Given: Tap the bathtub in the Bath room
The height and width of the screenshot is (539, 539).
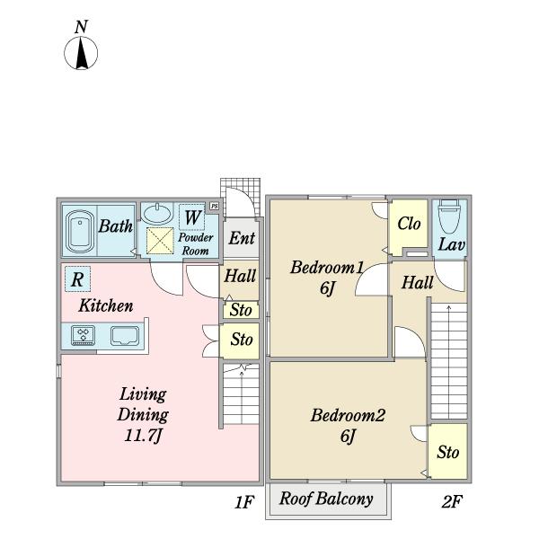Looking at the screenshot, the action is point(80,232).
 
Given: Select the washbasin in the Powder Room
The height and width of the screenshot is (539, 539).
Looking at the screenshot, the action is point(157,214).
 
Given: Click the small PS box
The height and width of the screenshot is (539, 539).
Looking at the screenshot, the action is point(215,207).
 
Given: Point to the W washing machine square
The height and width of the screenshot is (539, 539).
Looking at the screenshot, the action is point(192,217).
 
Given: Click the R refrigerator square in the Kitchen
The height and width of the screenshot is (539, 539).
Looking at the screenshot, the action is point(77,279).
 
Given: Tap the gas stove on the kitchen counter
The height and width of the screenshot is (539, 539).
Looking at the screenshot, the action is point(84,335).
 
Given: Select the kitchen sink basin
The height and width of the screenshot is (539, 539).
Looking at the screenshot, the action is point(125,335).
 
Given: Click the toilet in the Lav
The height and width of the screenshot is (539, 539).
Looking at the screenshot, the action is point(449,216).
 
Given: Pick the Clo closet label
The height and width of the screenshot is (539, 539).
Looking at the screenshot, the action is point(409,224).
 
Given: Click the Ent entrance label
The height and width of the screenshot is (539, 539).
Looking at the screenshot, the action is point(242,238).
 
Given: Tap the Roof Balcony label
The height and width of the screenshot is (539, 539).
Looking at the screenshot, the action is point(326,499).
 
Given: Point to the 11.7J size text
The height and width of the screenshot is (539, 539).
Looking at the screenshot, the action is point(143,436).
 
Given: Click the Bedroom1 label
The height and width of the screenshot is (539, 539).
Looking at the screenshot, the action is point(327,268).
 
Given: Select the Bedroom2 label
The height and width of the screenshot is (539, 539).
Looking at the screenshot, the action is point(348,415).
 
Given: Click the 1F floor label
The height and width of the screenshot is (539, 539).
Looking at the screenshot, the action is point(244,502).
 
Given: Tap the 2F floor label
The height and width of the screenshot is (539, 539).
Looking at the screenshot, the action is point(452,501).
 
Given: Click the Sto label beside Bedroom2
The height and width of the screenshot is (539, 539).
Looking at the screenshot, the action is point(448,452).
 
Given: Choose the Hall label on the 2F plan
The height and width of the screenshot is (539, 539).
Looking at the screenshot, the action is point(418,283).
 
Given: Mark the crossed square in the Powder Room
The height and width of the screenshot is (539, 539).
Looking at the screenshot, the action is point(160,241).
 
